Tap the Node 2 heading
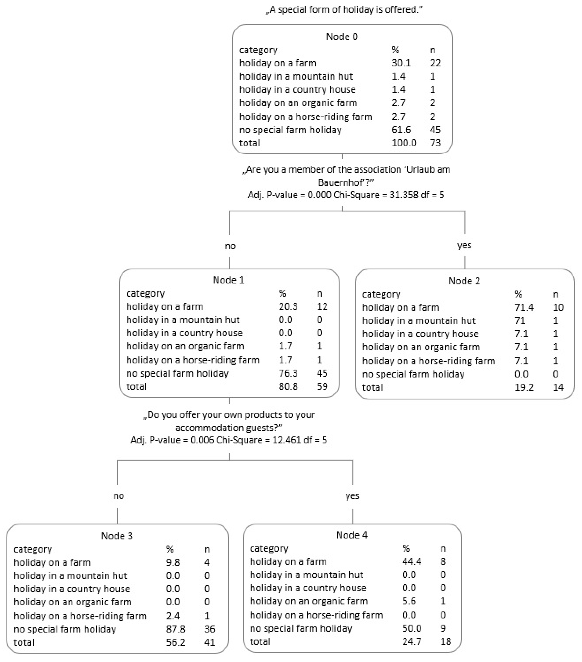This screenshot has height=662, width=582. pyautogui.click(x=464, y=281)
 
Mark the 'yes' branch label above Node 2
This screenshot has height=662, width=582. pyautogui.click(x=464, y=245)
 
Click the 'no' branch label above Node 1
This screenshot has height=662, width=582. pyautogui.click(x=230, y=246)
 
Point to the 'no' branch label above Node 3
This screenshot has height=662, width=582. pyautogui.click(x=118, y=496)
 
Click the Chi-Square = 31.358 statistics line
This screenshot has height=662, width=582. pyautogui.click(x=346, y=195)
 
